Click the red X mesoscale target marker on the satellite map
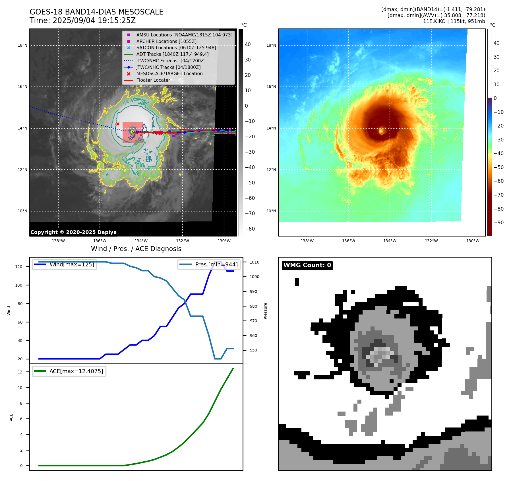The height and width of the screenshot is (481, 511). pos(118,124)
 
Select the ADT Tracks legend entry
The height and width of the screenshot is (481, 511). pos(172,54)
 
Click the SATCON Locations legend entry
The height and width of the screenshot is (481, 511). pos(176,48)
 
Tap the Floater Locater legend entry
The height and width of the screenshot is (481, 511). pos(153,80)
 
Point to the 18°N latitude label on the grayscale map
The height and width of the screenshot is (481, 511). pos(22,45)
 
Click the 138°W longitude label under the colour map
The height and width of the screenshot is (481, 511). pos(307,241)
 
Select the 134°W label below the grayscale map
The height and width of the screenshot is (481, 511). pos(141,241)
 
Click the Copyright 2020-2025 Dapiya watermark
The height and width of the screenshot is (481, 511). pos(73,232)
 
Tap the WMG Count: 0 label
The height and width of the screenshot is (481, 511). pos(307,265)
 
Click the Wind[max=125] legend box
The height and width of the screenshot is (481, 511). pos(65,264)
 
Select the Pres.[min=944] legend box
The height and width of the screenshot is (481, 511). pos(209,264)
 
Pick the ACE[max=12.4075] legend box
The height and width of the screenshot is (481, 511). pos(69,371)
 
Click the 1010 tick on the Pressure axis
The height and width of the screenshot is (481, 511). pos(255,262)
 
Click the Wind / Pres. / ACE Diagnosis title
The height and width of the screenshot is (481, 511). pos(136,249)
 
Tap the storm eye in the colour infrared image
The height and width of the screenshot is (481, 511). pos(381,131)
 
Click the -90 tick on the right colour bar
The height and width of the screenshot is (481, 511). pos(498,223)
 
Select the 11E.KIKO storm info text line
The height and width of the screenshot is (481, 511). pos(454,21)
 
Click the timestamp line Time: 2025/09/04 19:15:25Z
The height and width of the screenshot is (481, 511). pos(82,20)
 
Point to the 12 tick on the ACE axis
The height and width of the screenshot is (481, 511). pos(20,372)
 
